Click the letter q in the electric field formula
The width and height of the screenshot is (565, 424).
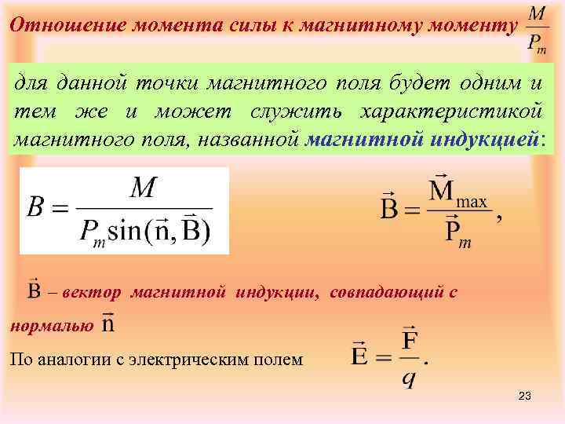pyautogui.click(x=409, y=378)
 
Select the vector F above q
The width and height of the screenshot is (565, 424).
pyautogui.click(x=409, y=342)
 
